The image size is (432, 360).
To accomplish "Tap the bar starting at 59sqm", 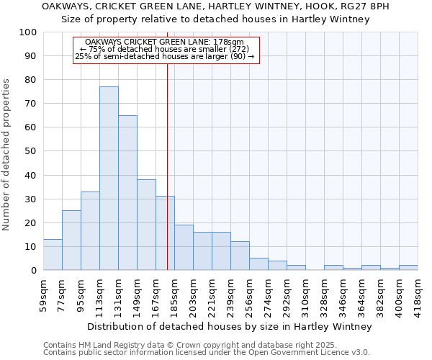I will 53,255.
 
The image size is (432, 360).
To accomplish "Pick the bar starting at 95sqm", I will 90,231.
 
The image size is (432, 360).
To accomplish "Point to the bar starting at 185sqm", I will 184,248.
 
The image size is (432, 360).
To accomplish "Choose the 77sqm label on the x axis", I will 63,293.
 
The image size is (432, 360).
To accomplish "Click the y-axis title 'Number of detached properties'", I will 7,155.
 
